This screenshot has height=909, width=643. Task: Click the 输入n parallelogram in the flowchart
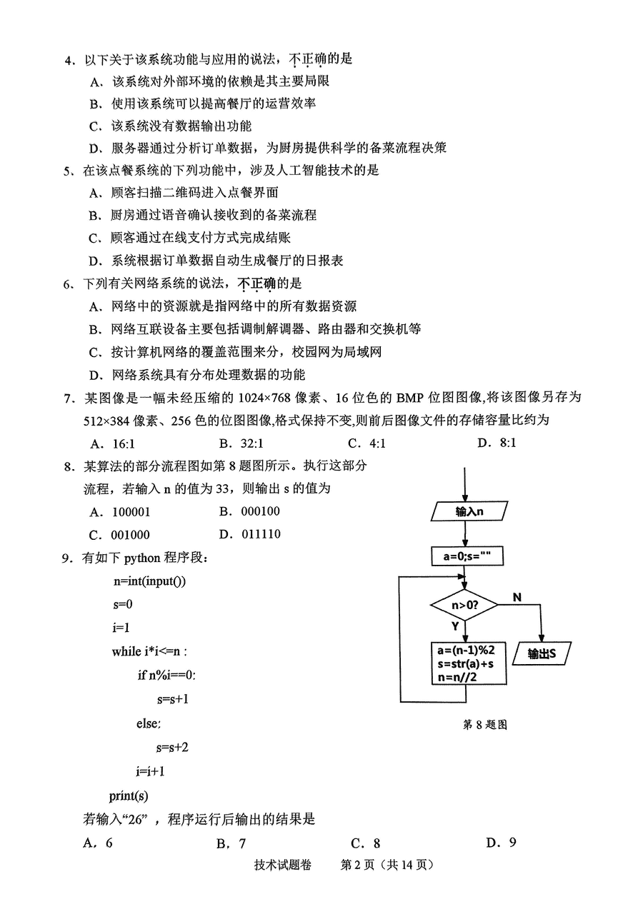[469, 511]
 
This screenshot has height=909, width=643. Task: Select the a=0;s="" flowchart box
[467, 556]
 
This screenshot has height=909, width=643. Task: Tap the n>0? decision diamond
[464, 605]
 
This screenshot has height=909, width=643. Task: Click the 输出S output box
[542, 653]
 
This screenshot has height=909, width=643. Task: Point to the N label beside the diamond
[517, 598]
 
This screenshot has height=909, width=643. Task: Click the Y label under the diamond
[455, 626]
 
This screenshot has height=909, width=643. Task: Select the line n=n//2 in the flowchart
[457, 676]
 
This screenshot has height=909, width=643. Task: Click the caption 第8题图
[484, 724]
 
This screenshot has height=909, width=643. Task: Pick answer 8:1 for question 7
[497, 443]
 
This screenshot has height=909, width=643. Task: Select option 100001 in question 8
[120, 512]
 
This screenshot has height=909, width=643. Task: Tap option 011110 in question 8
[249, 534]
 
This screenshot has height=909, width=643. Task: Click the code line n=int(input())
[149, 581]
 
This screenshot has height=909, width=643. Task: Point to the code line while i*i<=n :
[149, 651]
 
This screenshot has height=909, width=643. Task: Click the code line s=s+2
[172, 747]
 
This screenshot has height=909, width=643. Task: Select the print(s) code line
[129, 795]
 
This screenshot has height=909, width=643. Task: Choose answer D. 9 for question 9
[501, 843]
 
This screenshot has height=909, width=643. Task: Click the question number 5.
[67, 171]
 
